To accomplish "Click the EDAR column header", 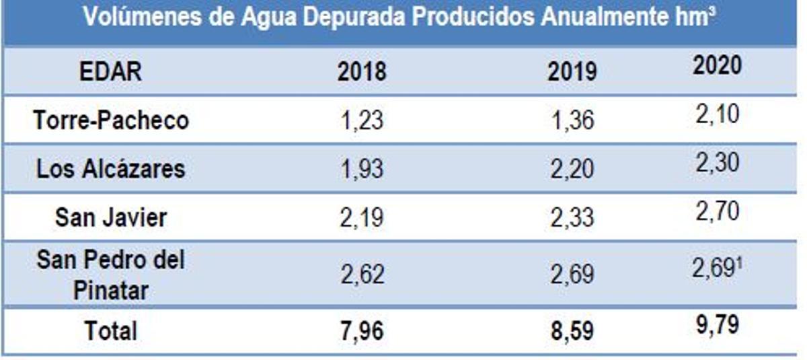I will [111, 71].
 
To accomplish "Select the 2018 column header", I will [362, 71].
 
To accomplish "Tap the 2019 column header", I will [572, 71].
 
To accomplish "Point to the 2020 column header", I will [717, 65].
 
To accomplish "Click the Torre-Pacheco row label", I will [111, 120].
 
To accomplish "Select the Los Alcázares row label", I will [111, 168].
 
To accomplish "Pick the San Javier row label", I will [111, 217].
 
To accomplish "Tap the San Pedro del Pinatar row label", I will [111, 275].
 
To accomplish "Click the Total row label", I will [111, 330].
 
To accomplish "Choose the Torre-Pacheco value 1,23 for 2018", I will [362, 120].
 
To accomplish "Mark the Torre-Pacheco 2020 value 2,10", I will [717, 114].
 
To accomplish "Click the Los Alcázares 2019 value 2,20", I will [572, 169].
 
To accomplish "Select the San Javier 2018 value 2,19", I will [362, 218].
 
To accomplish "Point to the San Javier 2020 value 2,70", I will [717, 211].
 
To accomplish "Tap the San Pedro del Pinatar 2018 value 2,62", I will [362, 275].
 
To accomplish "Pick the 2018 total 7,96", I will [362, 331].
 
